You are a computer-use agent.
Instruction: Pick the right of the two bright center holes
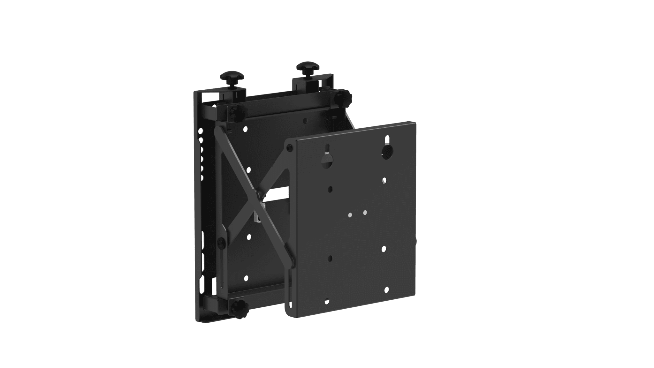pyautogui.click(x=365, y=212)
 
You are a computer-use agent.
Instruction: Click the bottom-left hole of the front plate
pyautogui.click(x=327, y=301)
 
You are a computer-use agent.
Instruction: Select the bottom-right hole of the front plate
pyautogui.click(x=387, y=289)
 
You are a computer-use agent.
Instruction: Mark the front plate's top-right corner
pyautogui.click(x=414, y=123)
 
